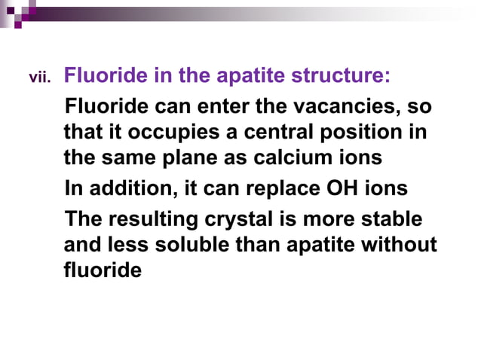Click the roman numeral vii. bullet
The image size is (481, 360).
[x=39, y=77]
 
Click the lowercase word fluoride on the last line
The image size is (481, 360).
[x=103, y=269]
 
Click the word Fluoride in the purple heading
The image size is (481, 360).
[x=103, y=75]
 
